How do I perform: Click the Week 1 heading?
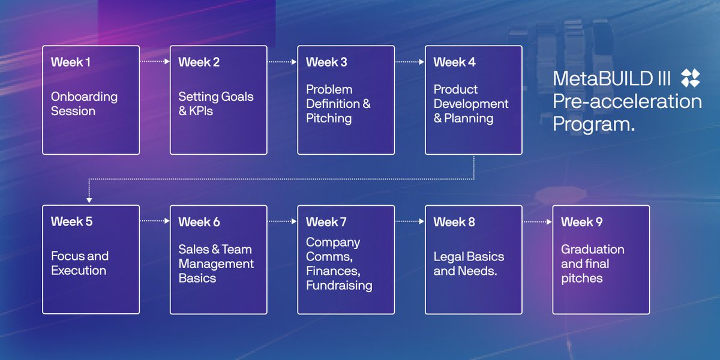tap(71, 62)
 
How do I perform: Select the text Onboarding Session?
tap(84, 104)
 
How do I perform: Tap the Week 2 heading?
tap(199, 62)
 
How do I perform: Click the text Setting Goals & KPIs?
tap(215, 104)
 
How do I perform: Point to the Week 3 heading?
tap(326, 62)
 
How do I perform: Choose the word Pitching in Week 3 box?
tap(329, 118)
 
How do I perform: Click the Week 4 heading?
tap(454, 62)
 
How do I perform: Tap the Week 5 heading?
tap(71, 221)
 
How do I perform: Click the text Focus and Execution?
tap(79, 263)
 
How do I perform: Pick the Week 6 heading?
tap(199, 222)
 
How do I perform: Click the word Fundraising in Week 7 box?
tap(339, 286)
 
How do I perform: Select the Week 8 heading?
tap(454, 222)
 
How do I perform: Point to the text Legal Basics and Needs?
tap(469, 263)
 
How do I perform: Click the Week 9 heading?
tap(581, 222)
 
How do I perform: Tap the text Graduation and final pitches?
tap(592, 263)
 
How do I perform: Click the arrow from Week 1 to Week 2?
tap(155, 61)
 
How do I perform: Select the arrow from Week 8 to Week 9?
tap(537, 221)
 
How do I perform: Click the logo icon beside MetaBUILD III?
tap(691, 78)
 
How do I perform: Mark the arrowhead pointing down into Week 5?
tap(89, 200)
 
